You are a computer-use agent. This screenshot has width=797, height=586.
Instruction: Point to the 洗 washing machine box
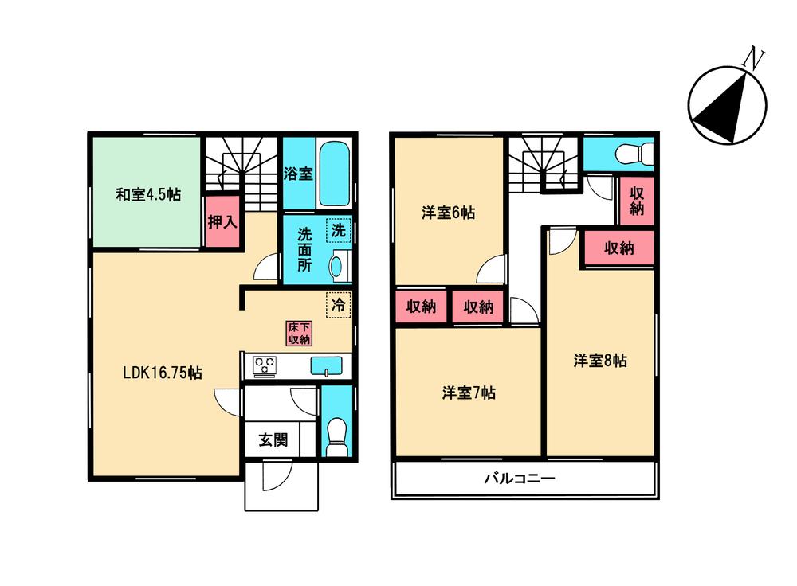point(339,232)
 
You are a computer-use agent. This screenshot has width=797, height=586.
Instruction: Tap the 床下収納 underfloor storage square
point(299,334)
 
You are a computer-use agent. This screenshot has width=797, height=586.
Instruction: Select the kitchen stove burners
point(264,365)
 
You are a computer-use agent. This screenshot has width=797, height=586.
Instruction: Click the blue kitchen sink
point(325,365)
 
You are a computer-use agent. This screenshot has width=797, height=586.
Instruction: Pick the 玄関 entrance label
point(272,439)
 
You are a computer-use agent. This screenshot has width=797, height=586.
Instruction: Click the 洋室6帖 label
point(449,213)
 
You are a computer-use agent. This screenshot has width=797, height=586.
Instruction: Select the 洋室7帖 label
point(469,393)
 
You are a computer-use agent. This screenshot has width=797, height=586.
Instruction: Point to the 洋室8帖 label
point(600,361)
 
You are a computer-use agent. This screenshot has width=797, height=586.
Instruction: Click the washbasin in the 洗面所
point(337,265)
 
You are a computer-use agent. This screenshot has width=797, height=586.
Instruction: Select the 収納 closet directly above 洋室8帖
point(618,248)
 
